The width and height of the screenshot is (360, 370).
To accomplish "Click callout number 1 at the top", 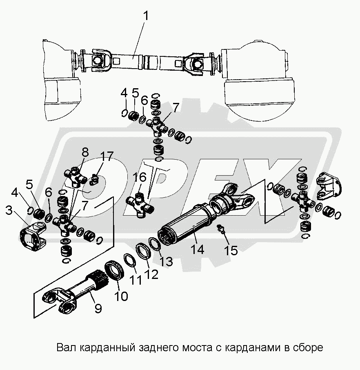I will (x=147, y=17).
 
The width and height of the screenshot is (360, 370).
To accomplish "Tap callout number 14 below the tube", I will (x=198, y=250).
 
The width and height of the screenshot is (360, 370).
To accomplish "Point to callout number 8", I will (x=85, y=153).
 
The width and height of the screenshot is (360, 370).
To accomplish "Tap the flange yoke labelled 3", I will (x=32, y=239).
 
